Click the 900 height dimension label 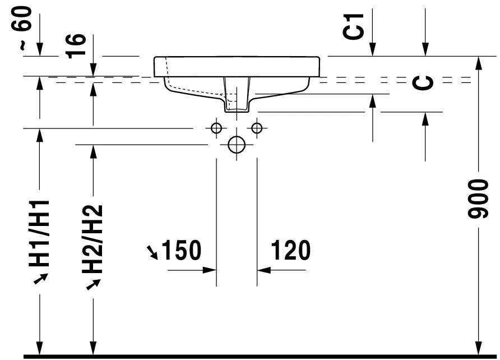478,199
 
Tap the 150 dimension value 182,250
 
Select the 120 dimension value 290,250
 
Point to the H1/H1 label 39,233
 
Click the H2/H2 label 92,239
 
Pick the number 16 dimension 76,46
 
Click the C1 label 353,26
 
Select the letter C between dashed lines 423,83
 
